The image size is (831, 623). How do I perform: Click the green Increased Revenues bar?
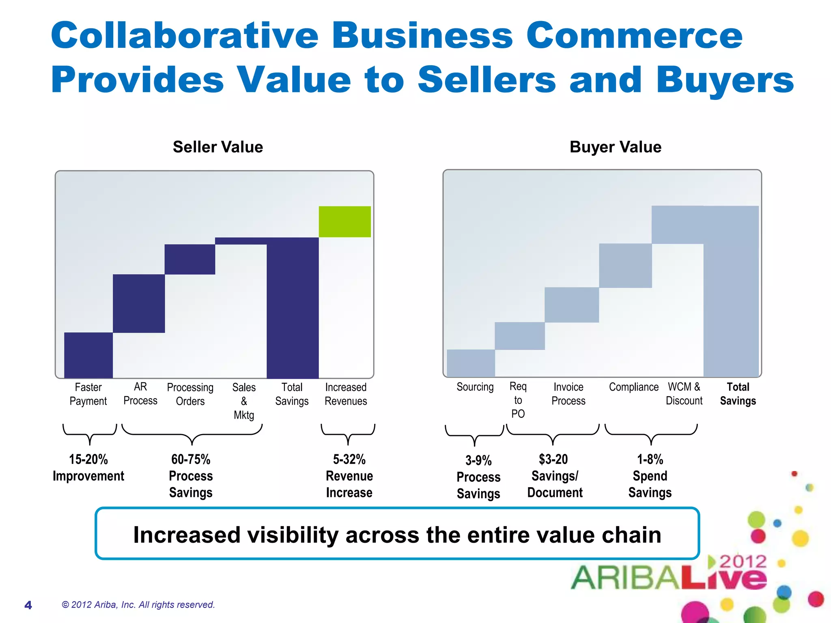(x=344, y=221)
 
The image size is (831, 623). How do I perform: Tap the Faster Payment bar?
(x=88, y=355)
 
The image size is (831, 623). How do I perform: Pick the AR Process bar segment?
(x=139, y=303)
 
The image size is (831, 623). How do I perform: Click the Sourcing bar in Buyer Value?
(x=471, y=363)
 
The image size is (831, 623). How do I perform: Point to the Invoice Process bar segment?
(x=572, y=305)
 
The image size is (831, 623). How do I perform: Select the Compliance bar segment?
(x=625, y=266)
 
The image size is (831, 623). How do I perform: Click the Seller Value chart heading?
(x=218, y=147)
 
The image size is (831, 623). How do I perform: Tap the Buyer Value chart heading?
(x=615, y=147)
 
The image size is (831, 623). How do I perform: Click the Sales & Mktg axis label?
(x=244, y=401)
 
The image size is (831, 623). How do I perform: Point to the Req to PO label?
(x=518, y=400)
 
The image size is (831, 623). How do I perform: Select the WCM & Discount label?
(x=684, y=394)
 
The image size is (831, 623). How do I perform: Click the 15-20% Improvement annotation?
(x=88, y=467)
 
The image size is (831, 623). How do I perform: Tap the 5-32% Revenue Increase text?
(x=349, y=476)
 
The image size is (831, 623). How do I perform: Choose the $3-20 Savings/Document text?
(x=554, y=476)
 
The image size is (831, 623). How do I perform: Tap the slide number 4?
(x=28, y=605)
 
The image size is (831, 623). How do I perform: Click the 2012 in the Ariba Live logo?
(x=743, y=562)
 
